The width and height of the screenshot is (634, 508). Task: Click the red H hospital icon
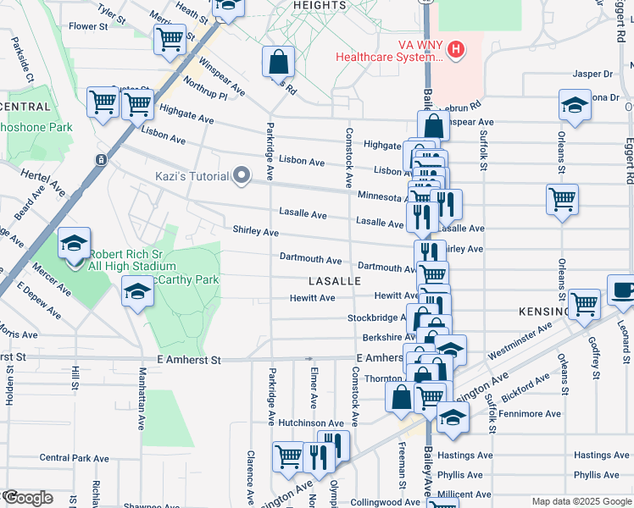(x=457, y=50)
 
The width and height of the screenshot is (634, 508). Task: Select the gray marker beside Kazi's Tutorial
(x=242, y=176)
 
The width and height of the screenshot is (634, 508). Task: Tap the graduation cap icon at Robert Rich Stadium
(x=74, y=244)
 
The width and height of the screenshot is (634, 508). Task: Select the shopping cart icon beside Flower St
(x=170, y=38)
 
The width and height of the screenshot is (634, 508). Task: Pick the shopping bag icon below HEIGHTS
(x=277, y=60)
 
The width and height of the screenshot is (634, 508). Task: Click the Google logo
(x=27, y=498)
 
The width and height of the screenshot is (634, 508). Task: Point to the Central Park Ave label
(x=74, y=458)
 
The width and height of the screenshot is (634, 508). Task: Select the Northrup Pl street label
(x=205, y=91)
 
